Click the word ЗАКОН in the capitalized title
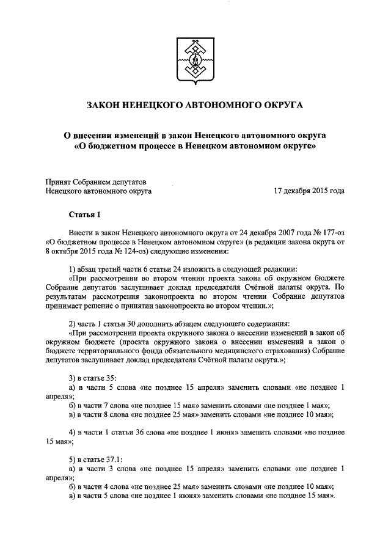[x=107, y=106]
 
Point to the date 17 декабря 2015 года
[x=310, y=191]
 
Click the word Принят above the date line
[x=61, y=181]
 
